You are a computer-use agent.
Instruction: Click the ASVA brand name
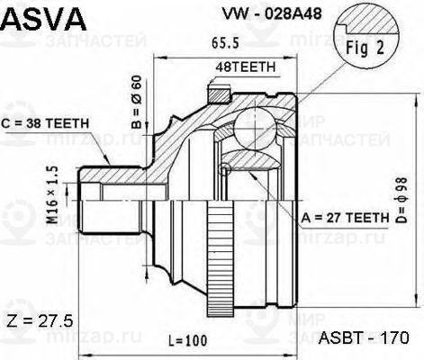tap(43, 17)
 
